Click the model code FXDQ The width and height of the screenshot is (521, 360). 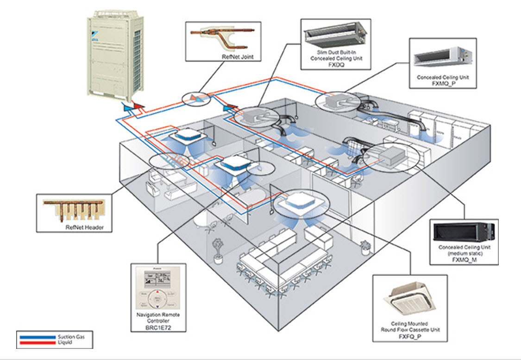click(336, 65)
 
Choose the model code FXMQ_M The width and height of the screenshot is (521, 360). click(464, 260)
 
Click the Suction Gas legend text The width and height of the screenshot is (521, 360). click(70, 336)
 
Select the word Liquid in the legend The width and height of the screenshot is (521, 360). click(64, 343)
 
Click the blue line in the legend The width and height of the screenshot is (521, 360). click(37, 337)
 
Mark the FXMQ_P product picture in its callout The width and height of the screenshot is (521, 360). click(442, 56)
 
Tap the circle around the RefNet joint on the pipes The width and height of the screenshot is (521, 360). click(195, 98)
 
